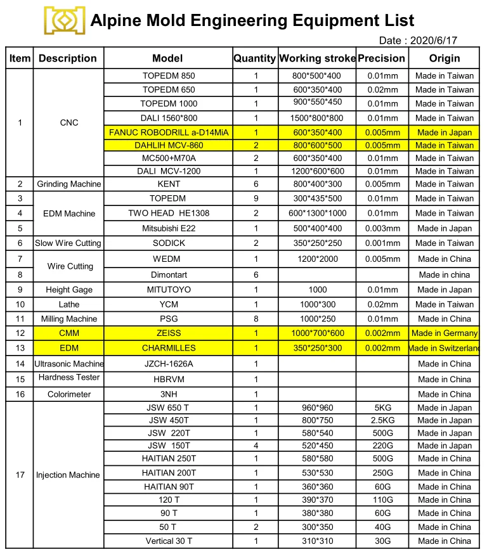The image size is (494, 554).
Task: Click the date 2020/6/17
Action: [417, 41]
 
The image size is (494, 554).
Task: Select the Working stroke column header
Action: [317, 58]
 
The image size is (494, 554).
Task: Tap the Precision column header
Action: [381, 58]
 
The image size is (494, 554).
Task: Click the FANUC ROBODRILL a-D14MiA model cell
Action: [168, 132]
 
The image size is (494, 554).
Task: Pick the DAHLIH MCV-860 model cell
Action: [168, 145]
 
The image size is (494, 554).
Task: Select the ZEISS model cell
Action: [168, 333]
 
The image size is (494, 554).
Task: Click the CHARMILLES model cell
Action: [168, 348]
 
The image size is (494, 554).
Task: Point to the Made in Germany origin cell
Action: [444, 333]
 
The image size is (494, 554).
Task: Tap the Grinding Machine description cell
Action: [68, 184]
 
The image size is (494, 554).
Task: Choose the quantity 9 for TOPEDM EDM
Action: [256, 198]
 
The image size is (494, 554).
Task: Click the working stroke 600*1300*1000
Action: [317, 213]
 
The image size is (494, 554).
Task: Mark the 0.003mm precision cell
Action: [382, 228]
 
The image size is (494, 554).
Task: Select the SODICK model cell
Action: [168, 243]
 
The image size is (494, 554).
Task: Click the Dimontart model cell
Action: [168, 274]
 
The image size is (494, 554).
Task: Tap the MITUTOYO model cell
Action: [168, 290]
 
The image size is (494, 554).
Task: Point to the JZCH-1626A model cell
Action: [168, 364]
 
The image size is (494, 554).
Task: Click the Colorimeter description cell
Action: [68, 394]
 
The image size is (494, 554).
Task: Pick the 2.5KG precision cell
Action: [382, 420]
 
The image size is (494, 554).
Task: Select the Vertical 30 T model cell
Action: [168, 541]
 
